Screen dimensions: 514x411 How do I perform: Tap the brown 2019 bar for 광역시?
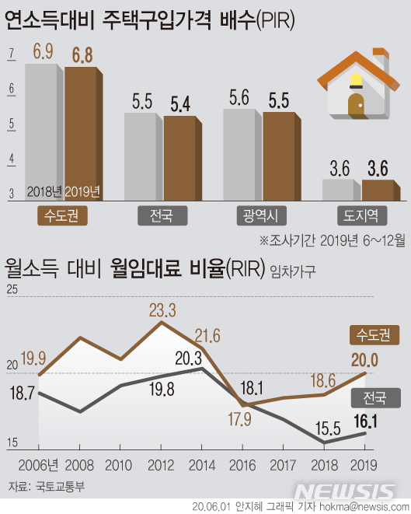[279, 156]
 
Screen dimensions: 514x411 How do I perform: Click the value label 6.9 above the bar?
[43, 52]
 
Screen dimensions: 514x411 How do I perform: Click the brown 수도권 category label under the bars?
[61, 215]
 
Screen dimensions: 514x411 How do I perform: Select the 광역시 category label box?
[259, 215]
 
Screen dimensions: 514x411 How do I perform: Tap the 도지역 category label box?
[360, 215]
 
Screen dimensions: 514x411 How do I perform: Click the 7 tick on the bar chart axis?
[12, 54]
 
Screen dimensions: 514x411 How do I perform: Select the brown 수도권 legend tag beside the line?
[374, 335]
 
